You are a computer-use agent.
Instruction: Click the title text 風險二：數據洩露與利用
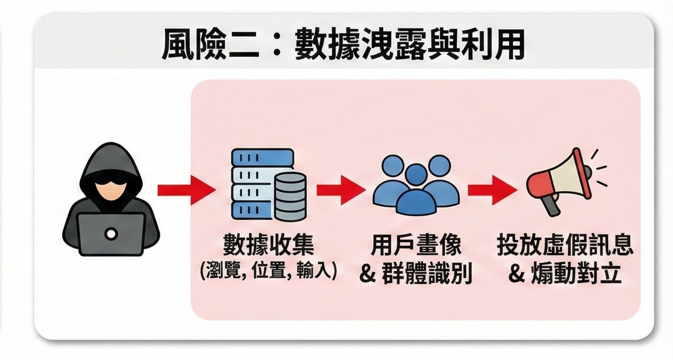pos(343,44)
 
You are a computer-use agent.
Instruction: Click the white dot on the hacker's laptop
pos(111,233)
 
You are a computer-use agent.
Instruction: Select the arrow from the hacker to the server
pos(186,190)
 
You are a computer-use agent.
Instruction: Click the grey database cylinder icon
pos(290,196)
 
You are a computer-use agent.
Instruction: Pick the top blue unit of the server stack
pos(262,157)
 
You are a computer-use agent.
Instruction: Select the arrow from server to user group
pos(341,190)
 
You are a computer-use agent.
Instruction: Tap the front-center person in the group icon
pos(416,192)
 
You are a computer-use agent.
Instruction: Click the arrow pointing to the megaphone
pos(493,190)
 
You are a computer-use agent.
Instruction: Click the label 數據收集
pos(268,245)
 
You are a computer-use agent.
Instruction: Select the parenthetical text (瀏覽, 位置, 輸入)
pos(268,271)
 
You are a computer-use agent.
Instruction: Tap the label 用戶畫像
pos(416,245)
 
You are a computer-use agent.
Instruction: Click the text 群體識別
pos(427,273)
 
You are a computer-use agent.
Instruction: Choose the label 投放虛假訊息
pos(565,245)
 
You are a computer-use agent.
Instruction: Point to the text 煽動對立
pos(576,273)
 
